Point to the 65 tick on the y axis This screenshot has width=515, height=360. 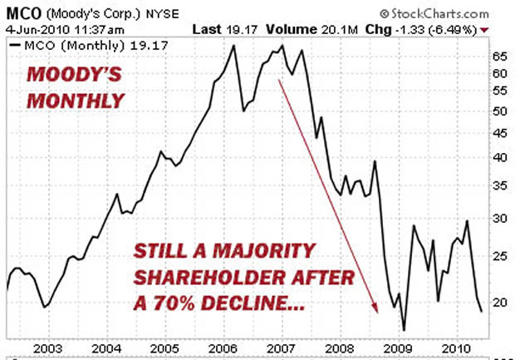click(x=498, y=57)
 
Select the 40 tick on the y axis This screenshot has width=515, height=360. click(x=498, y=158)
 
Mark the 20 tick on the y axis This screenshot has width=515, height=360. click(x=498, y=302)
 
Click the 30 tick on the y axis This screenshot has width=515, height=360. click(x=498, y=218)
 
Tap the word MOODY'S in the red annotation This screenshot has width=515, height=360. click(x=67, y=75)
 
